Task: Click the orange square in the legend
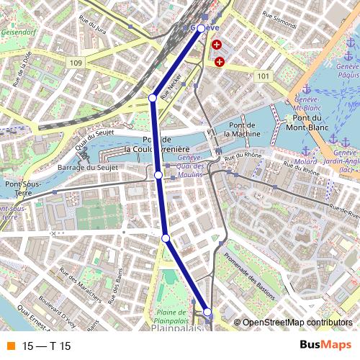coord(9,346)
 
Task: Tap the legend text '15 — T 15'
coord(47,346)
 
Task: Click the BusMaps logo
coord(325,346)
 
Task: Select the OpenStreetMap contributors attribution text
coord(297,323)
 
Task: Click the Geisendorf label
coord(19,32)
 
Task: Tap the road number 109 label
coord(77,63)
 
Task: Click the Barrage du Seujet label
coord(85,168)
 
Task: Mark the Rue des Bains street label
coord(115,287)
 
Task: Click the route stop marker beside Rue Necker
coord(153,97)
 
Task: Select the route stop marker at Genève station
coord(201,29)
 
